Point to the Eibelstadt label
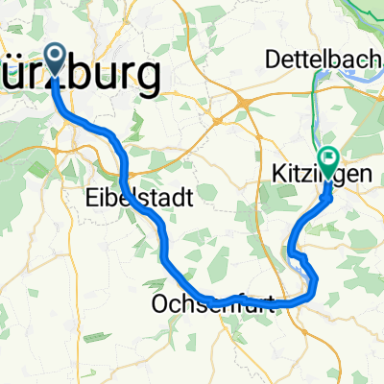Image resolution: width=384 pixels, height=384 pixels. [134, 198]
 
